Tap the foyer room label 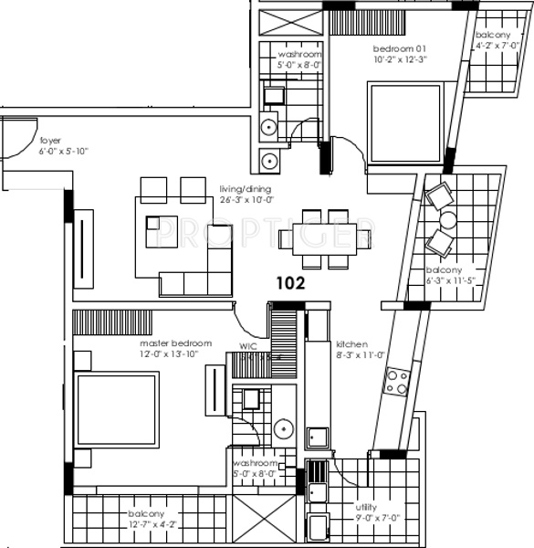coord(50,141)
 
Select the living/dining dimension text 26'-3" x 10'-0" coord(246,201)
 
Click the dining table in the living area coord(325,240)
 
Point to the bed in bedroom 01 coord(403,121)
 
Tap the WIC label coord(247,347)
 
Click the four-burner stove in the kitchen coord(396,382)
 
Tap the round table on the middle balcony coord(447,220)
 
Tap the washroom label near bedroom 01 coord(300,56)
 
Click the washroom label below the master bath coord(255,463)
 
